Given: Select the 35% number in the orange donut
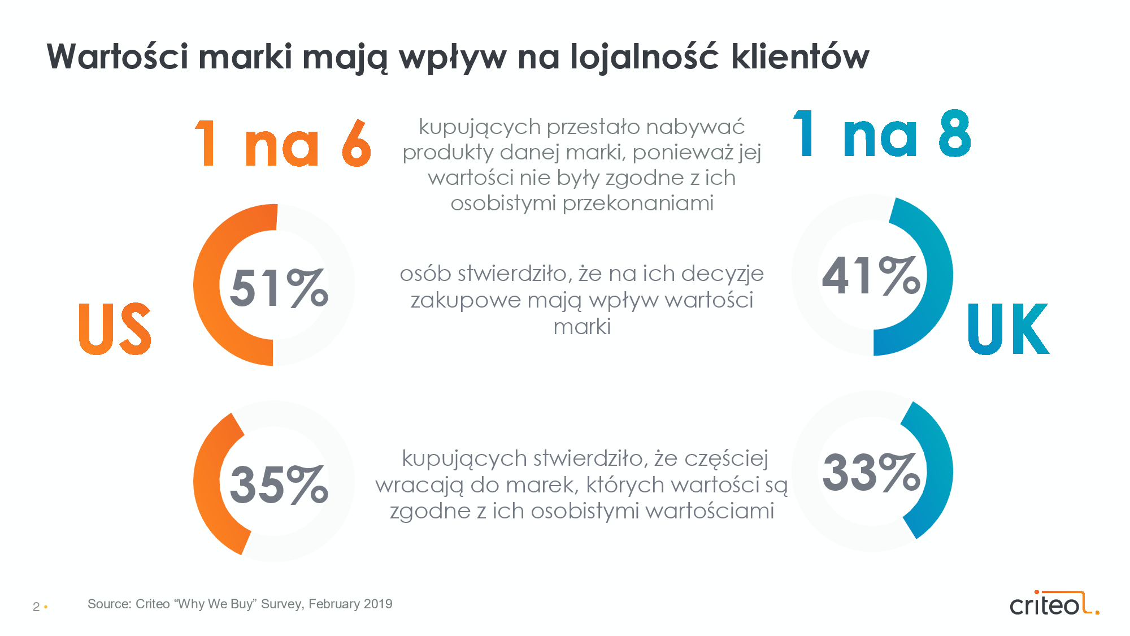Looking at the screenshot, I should [279, 484].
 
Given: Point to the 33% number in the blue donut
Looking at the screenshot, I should [871, 473].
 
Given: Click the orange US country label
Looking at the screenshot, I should [115, 328].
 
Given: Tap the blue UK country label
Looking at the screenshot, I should [1009, 328].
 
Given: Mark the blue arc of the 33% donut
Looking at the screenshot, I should [938, 469].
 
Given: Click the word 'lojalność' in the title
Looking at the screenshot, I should [644, 57].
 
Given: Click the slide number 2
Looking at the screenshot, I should [36, 607].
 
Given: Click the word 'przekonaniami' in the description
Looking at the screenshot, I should [638, 203].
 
